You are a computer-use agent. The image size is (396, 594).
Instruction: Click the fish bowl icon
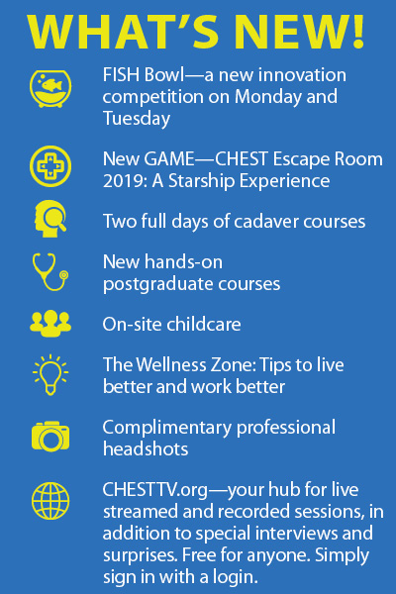coord(50,88)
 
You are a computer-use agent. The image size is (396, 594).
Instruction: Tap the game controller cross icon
coord(50,166)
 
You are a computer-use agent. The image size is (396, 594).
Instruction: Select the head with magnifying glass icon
coord(50,219)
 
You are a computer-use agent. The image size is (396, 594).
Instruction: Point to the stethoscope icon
coord(50,271)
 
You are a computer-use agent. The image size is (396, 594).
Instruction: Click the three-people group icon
coord(50,324)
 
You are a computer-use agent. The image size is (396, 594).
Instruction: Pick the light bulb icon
coord(50,374)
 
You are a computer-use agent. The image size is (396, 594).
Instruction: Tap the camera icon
coord(50,437)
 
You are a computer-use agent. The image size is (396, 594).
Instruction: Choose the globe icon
coord(50,501)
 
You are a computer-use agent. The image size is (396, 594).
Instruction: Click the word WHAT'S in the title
coord(123,32)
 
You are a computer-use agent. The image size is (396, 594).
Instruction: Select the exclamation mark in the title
coord(357,32)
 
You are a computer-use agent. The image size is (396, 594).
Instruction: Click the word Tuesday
coord(137,119)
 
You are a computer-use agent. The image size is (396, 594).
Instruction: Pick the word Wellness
coord(170,364)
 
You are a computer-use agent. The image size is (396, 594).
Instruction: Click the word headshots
coord(146,449)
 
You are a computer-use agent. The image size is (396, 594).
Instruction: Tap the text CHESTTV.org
coord(155,490)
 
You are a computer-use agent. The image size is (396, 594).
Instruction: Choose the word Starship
coord(201,181)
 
